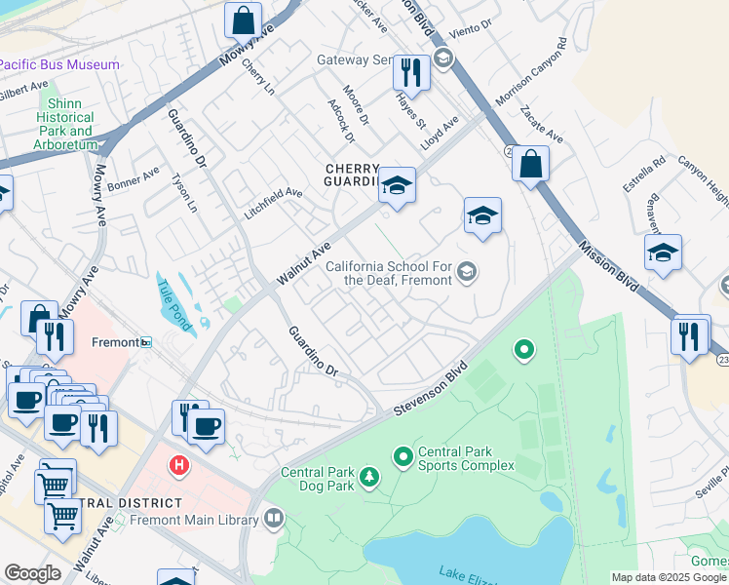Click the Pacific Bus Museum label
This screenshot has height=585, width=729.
pos(58,64)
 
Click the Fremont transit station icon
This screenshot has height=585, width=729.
pos(146,342)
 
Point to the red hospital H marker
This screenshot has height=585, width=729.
pos(177,465)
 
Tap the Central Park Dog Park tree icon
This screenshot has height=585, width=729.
pos(369,477)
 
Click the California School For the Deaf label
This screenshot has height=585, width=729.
pos(388,272)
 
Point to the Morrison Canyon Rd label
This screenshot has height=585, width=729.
pos(531,73)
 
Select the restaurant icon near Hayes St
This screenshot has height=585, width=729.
pos(411,73)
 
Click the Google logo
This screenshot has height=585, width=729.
pos(32,573)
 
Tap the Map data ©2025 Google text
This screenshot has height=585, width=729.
pos(668,577)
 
